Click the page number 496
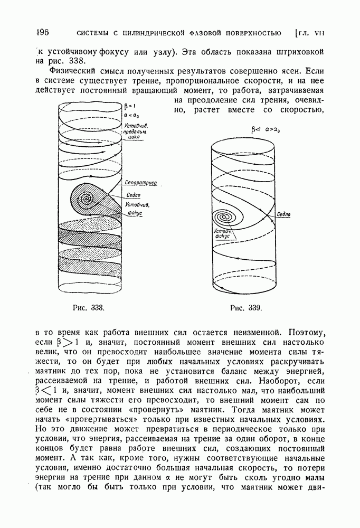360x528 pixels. click(x=40, y=33)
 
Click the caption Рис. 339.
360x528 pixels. click(x=247, y=307)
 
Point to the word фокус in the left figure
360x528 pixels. click(x=135, y=213)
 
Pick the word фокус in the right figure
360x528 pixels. click(x=221, y=237)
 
